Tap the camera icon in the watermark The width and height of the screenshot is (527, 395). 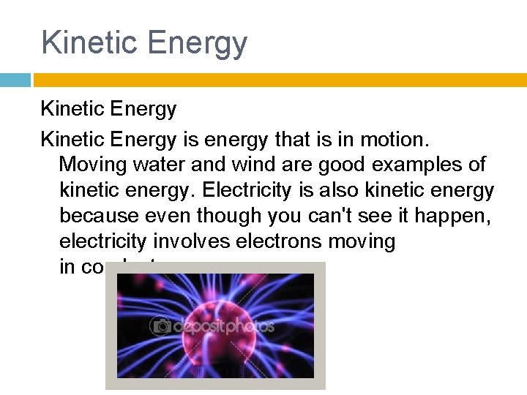coord(160,326)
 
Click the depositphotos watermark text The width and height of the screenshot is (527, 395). coord(223,326)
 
